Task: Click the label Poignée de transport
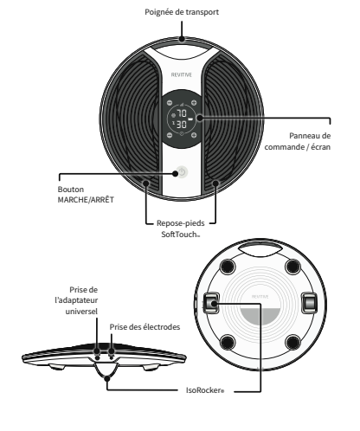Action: tap(182, 12)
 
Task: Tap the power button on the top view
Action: tap(182, 172)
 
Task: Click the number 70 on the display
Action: tap(182, 113)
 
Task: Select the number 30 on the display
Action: tap(182, 125)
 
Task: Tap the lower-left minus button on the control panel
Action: tap(170, 135)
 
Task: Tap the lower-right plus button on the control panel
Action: tap(194, 135)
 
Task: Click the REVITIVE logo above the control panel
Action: tap(182, 75)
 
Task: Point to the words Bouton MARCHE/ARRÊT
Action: tap(86, 195)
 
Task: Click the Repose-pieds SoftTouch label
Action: tap(181, 228)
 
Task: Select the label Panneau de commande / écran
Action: tap(298, 141)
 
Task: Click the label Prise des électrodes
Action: tap(145, 327)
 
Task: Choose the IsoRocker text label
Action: tap(205, 390)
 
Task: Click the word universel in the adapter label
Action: tap(81, 312)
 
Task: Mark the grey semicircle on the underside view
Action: tap(260, 314)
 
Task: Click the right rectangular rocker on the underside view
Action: tap(309, 303)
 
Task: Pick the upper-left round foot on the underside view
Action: tap(228, 267)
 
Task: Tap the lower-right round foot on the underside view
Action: tap(292, 343)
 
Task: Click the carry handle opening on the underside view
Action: tap(260, 249)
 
